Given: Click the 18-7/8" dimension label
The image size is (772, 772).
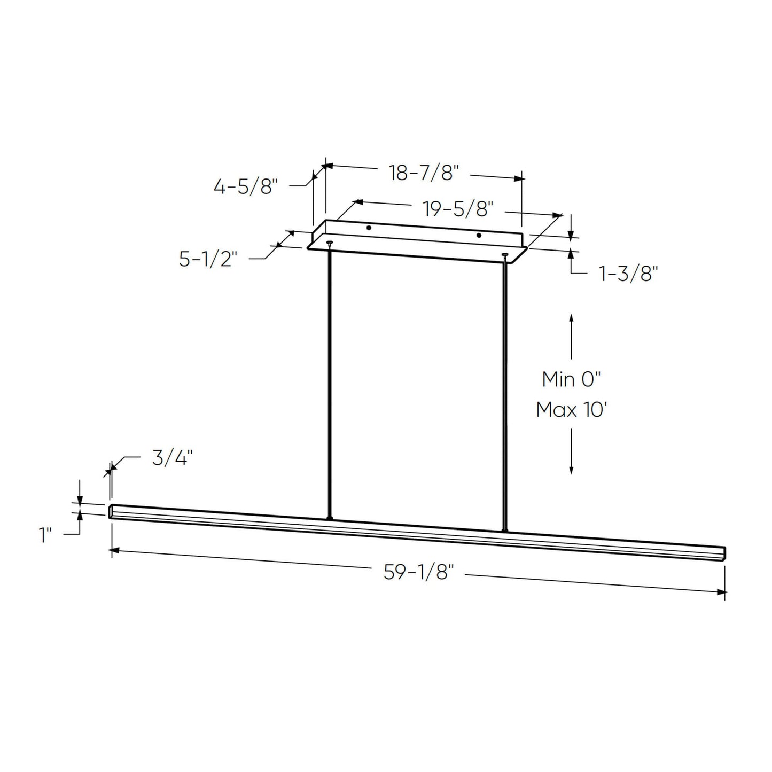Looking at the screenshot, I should point(424,173).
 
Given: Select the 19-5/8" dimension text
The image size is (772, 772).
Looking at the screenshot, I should point(457,209).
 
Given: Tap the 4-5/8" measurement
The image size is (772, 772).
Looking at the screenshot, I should point(246,187).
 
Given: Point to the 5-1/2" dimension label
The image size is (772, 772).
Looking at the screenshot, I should point(208,260).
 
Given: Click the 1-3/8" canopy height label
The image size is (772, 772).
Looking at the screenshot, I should point(627,275).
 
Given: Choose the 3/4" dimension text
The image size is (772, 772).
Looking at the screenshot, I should point(171,458).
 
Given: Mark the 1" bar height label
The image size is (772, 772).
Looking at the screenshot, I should point(45,535).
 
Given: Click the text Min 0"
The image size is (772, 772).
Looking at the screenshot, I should point(571,379).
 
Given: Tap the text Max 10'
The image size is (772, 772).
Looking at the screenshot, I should point(571,410).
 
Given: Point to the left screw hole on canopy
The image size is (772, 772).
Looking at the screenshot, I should point(369,228).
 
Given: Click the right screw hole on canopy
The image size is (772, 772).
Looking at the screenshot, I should point(479,236).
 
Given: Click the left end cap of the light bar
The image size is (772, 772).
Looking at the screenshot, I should point(111,511).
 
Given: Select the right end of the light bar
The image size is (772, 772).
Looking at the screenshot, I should point(724,553).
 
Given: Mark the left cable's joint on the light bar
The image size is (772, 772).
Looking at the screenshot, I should point(330,518).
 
